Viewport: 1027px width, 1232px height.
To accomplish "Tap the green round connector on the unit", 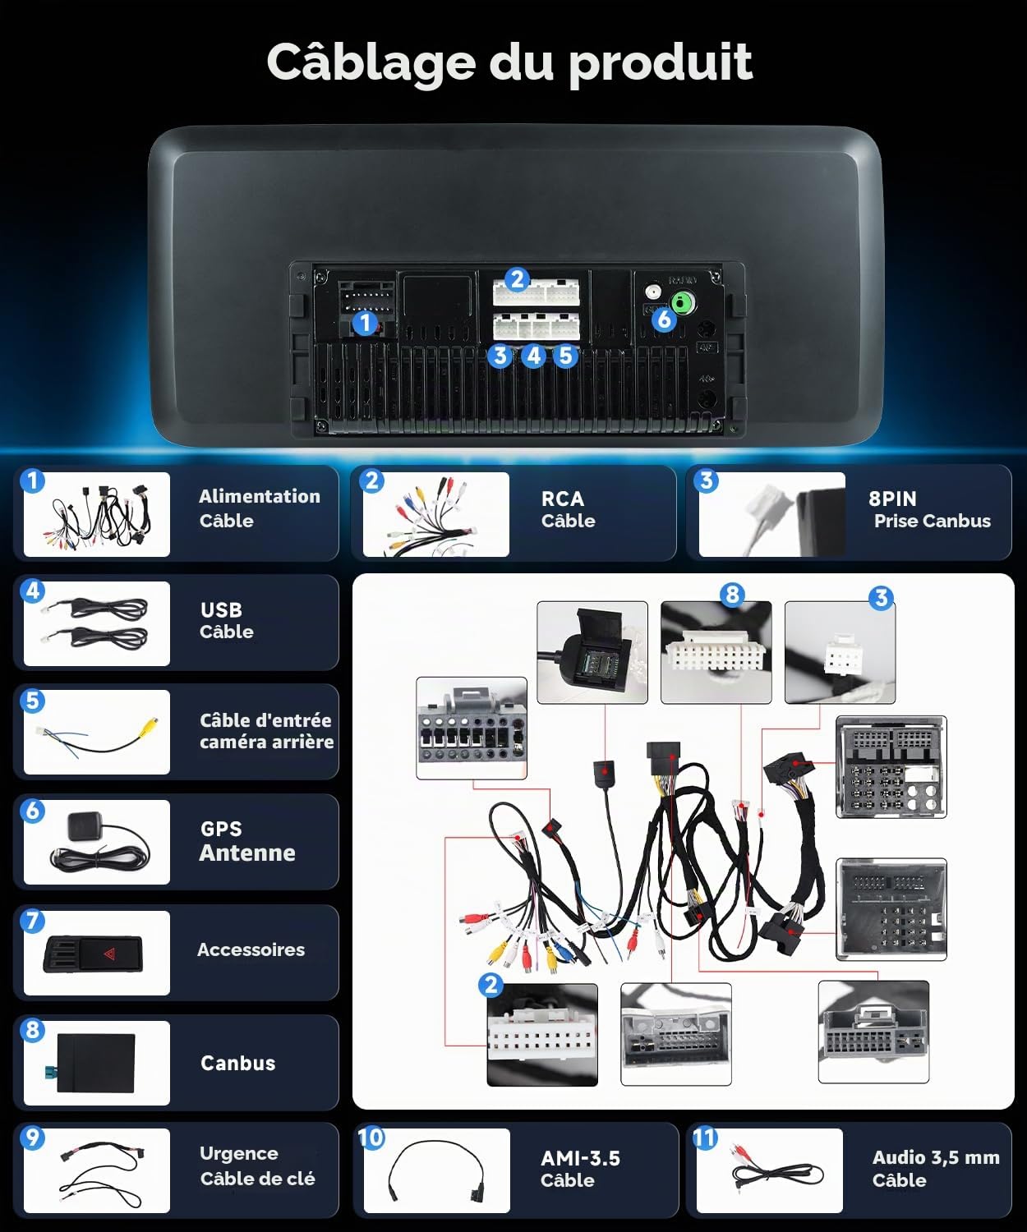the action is (x=683, y=304).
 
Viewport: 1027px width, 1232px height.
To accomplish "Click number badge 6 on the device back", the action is (x=664, y=319).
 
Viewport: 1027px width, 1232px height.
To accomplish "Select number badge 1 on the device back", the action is (x=365, y=323).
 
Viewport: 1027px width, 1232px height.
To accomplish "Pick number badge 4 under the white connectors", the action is (x=533, y=356).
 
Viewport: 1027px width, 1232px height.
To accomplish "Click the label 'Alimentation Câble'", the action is (x=260, y=508).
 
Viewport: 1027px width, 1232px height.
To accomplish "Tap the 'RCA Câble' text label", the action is (x=568, y=509).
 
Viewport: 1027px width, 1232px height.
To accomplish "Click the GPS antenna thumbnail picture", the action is (x=97, y=842).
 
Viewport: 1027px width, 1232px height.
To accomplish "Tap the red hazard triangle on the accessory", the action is (x=109, y=954).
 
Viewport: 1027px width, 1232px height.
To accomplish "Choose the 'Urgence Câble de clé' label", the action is (x=257, y=1165).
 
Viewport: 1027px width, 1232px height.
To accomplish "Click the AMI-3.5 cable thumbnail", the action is (x=437, y=1171).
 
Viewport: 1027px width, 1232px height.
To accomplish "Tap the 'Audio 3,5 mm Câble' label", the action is (x=936, y=1168).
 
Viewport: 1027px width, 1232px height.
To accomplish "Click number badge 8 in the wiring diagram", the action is (x=732, y=595).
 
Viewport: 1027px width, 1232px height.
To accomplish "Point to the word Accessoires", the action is (x=251, y=949).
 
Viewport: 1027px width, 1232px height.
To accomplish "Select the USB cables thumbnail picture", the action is (x=97, y=623).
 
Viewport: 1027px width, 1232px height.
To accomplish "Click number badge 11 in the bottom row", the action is (x=704, y=1138).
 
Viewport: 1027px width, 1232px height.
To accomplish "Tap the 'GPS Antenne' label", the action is (x=247, y=841).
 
